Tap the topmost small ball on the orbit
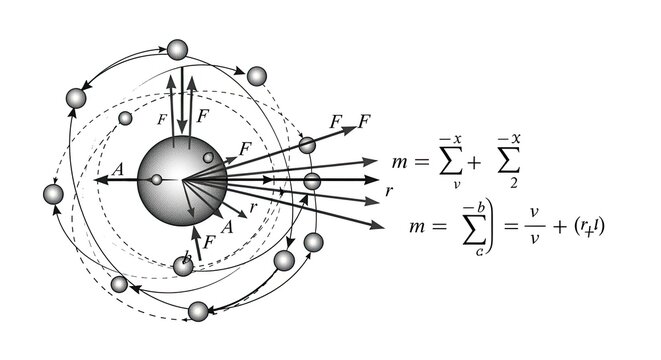(x=178, y=50)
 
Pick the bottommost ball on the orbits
(x=198, y=310)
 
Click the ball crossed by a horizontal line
(x=312, y=181)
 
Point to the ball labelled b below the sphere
(x=183, y=265)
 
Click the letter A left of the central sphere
(x=117, y=171)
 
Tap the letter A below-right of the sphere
(x=227, y=227)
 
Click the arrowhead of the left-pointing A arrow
(x=101, y=181)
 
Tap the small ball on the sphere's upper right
(x=207, y=158)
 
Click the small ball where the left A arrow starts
(x=156, y=180)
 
